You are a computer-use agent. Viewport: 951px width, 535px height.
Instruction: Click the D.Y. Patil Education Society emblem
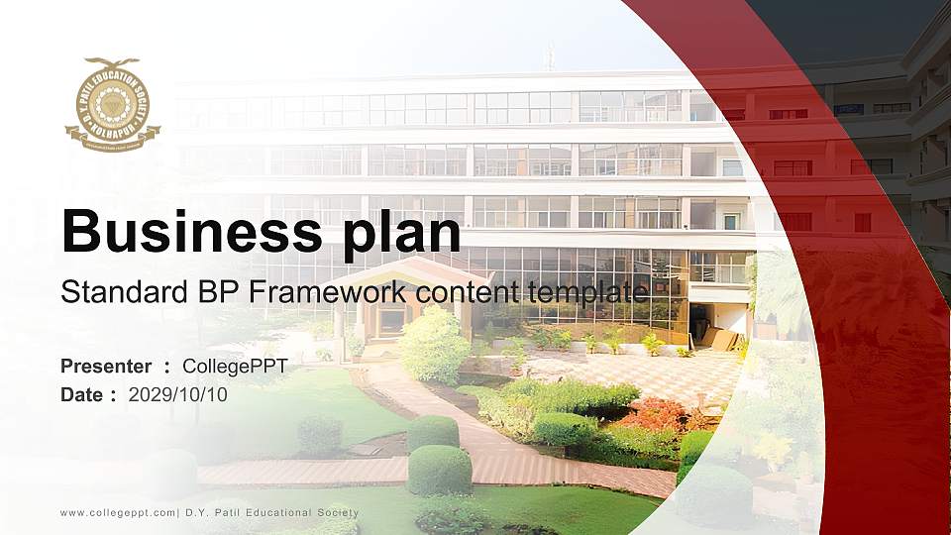(112, 104)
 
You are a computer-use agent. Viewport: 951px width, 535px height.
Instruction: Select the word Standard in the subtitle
(106, 293)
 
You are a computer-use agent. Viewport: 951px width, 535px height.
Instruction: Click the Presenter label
(106, 367)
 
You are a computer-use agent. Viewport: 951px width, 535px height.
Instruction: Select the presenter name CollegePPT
(236, 367)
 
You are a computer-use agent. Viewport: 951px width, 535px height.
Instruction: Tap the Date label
(82, 394)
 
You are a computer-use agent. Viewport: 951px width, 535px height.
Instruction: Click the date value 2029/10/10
(178, 394)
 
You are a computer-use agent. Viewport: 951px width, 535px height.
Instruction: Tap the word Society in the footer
(337, 513)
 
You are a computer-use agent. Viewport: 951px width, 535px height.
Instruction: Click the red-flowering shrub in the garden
(654, 414)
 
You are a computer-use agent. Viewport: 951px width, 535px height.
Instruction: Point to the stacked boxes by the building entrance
(720, 340)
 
